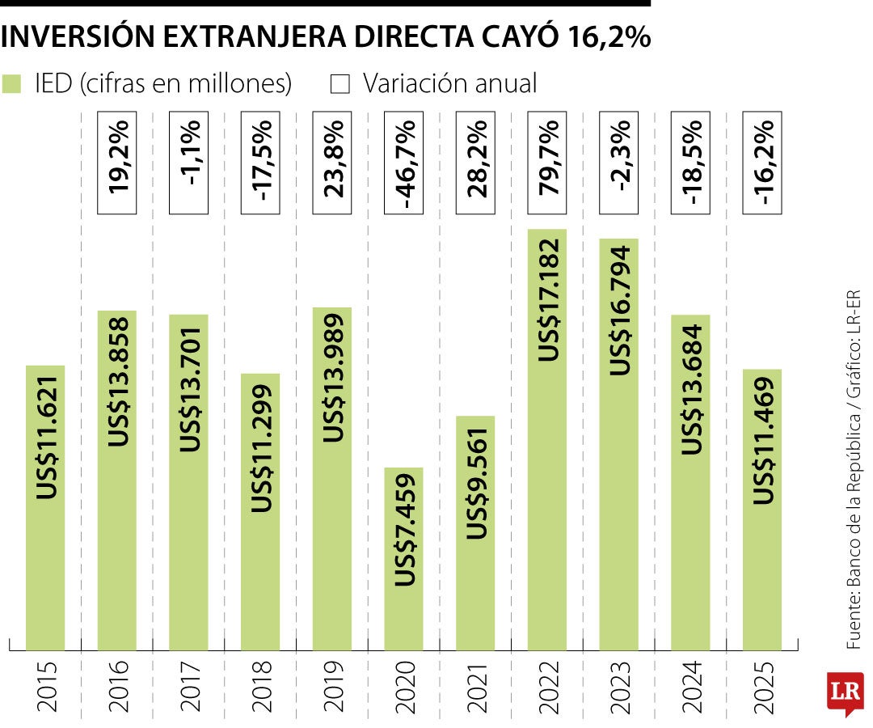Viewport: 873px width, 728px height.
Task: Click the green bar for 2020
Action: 403,558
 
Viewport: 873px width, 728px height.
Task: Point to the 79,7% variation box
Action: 546,167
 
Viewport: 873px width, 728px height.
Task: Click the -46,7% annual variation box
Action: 403,167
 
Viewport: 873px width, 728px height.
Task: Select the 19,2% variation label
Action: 117,167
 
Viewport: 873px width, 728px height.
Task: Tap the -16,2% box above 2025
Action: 761,167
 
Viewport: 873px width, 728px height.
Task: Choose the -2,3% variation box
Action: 618,167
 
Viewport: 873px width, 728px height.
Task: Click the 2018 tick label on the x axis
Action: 260,688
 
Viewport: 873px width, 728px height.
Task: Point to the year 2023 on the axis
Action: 618,688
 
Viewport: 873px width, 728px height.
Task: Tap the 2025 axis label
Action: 761,688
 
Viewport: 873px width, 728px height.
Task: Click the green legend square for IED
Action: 11,84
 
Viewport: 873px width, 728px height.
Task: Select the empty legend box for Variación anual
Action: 340,84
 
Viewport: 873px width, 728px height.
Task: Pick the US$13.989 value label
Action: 332,377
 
